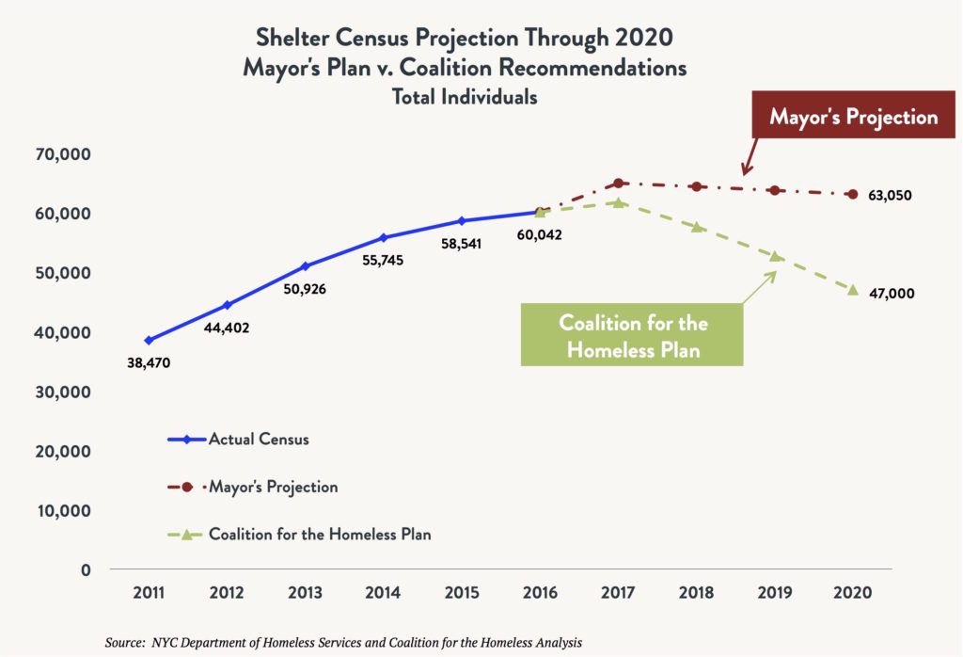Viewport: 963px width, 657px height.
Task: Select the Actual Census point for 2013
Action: (x=305, y=266)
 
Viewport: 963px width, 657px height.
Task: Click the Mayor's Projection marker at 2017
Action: (x=618, y=184)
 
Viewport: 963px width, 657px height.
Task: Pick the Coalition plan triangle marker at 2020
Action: (x=853, y=290)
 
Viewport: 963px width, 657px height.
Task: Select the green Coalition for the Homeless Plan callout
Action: (x=633, y=335)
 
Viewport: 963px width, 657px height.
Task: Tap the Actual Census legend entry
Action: (x=258, y=439)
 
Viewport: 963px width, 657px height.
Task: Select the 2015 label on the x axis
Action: (x=462, y=594)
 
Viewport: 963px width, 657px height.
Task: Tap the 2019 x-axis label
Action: (x=775, y=594)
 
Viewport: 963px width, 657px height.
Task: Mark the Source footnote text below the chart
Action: (x=343, y=642)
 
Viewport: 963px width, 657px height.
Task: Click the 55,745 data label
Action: (x=382, y=260)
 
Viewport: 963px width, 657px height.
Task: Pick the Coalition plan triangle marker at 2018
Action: (x=697, y=227)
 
